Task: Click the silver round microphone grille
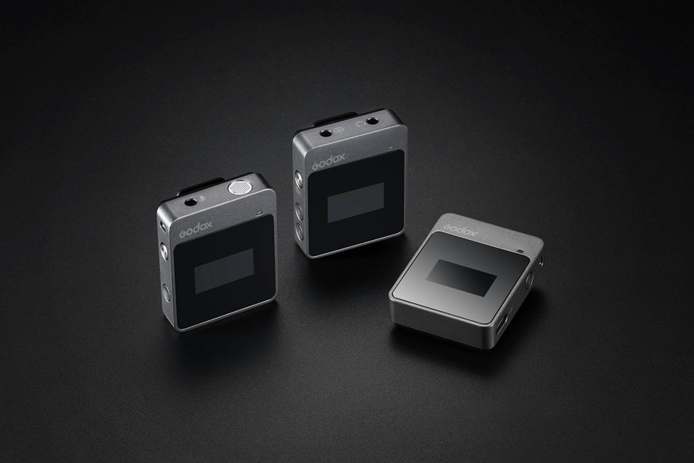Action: coord(239,188)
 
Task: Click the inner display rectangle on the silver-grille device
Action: coord(224,271)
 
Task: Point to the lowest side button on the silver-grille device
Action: coord(167,293)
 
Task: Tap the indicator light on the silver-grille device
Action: coord(260,213)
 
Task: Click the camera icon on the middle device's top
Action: coord(339,130)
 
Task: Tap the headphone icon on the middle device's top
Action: coord(359,125)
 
